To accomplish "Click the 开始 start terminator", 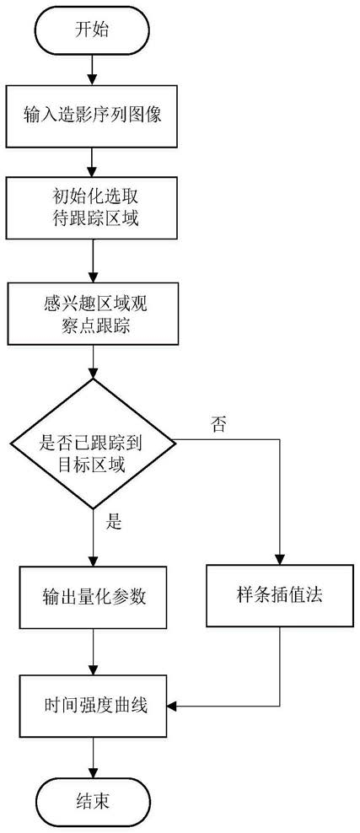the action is tap(93, 30).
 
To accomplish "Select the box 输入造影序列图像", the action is tap(93, 116).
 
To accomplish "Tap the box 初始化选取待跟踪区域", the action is tap(93, 207).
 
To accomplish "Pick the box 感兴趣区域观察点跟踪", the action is tap(93, 315).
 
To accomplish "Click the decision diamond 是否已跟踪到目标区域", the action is tap(93, 443).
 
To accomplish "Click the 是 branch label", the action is tap(115, 523).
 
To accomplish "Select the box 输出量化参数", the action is tap(93, 597).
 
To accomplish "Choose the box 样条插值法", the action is tap(279, 594).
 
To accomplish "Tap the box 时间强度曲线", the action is tap(93, 706).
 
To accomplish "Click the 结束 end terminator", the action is tap(93, 801).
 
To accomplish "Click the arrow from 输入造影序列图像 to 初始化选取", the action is tap(93, 162).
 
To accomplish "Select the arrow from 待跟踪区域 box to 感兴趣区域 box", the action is tap(93, 261).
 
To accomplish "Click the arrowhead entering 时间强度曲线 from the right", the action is tap(171, 706).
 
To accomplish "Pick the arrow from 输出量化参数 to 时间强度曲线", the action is tap(93, 652).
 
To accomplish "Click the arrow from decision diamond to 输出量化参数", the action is tap(93, 537).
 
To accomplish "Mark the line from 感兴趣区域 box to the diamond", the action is tap(93, 363).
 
